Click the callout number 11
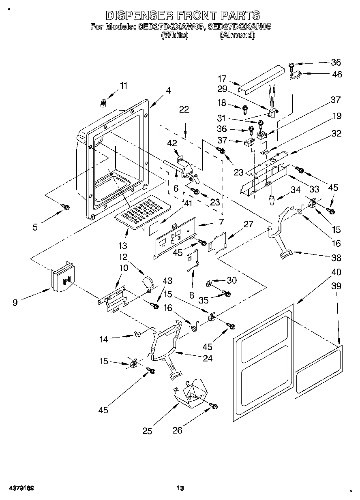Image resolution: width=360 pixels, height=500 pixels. click(123, 85)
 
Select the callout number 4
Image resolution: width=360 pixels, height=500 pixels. click(168, 91)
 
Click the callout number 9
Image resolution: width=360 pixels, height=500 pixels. click(15, 302)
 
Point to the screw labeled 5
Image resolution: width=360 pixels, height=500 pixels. click(65, 207)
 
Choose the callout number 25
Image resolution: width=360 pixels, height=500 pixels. click(147, 431)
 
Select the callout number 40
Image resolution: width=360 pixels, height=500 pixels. click(336, 272)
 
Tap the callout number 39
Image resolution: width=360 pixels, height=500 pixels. click(336, 286)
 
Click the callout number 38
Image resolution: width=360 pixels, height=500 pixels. click(336, 258)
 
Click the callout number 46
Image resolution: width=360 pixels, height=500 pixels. click(336, 74)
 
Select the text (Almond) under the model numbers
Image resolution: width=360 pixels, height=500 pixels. click(237, 35)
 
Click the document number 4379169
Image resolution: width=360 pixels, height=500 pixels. click(19, 488)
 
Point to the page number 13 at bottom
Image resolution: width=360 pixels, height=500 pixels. click(180, 488)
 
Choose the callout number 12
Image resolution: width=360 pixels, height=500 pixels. click(123, 257)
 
